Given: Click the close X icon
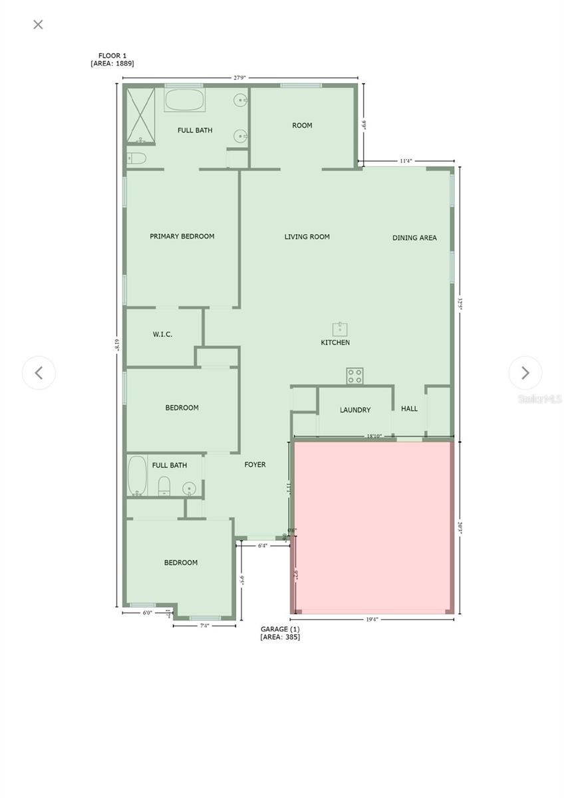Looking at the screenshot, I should coord(38,25).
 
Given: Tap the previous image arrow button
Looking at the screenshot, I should coord(39,372).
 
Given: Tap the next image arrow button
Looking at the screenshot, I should coord(525,372).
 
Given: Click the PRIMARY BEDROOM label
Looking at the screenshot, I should coord(182,236).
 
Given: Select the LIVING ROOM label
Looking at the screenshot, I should coord(307,237).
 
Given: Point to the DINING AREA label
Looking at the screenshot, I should coord(414,237).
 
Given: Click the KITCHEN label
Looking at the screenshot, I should coord(335,342).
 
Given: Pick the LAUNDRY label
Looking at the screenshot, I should coord(355,410).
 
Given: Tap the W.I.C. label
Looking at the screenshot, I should coord(162,334).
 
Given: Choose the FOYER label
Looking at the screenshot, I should coord(255,465).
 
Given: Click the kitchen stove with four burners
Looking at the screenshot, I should coord(354,376).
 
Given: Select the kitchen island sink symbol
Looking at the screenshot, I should coord(341,328).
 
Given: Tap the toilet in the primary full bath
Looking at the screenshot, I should coord(136,158).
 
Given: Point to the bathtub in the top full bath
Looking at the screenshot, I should coord(185,100).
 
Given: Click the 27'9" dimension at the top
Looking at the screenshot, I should coord(239,78).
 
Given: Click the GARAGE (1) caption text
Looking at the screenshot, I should coord(280,629).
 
